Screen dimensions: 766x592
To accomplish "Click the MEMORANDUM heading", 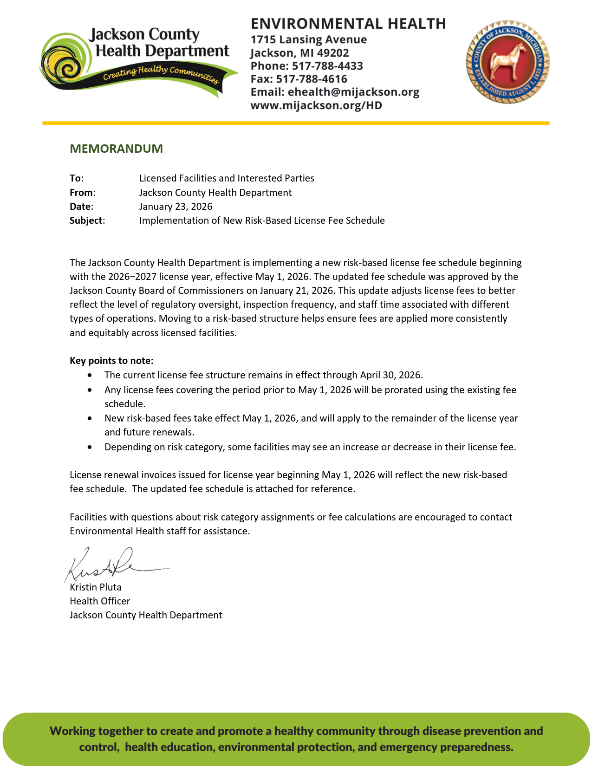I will coord(116,149).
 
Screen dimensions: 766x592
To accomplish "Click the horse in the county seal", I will coord(507,61).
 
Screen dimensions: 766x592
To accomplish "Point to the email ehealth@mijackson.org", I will coord(353,92).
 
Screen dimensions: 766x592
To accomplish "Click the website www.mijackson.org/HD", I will coord(316,105).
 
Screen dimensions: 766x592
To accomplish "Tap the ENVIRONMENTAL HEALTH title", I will coord(348,24).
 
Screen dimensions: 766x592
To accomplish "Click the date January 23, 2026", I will coord(176,207).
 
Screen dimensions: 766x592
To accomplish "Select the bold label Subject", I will coord(86,221).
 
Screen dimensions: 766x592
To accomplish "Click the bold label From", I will coord(81,193).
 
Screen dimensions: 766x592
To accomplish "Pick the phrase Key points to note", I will coord(111,361).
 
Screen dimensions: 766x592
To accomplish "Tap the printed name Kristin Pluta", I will coord(96,587).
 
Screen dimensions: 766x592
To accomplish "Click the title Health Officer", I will coord(100,601).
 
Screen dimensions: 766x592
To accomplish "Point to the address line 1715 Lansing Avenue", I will coord(309,40).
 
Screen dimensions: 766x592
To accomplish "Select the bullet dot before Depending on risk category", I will coord(90,447).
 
